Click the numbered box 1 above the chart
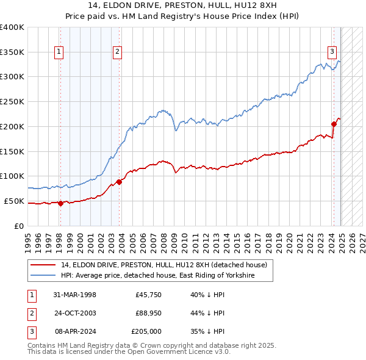point(59,52)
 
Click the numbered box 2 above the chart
point(117,52)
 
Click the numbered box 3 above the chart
point(332,52)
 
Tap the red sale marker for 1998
point(60,204)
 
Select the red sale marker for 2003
point(119,181)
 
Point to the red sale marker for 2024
point(334,124)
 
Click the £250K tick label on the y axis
point(12,101)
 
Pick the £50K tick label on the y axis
point(14,201)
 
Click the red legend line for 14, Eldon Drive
point(43,265)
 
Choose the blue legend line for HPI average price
point(43,276)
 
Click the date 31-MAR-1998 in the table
point(76,295)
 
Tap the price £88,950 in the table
point(148,314)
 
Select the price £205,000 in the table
point(147,332)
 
